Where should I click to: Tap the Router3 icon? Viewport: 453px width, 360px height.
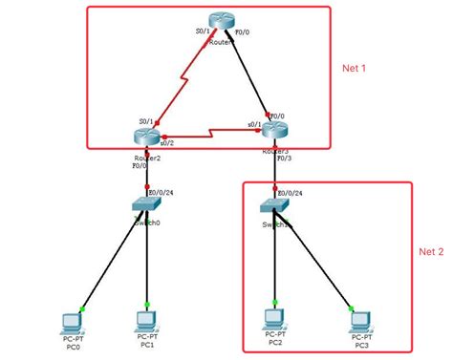pos(275,131)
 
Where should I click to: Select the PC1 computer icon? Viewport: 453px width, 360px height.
pos(146,318)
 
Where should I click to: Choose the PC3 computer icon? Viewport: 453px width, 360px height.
pos(359,319)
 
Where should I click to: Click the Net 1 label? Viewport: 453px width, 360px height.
pos(355,69)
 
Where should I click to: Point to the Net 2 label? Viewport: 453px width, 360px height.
pos(431,252)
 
